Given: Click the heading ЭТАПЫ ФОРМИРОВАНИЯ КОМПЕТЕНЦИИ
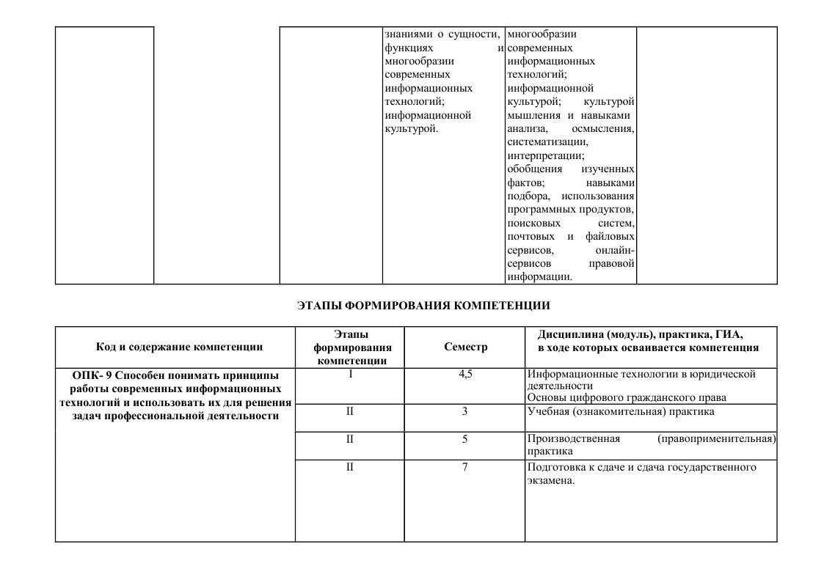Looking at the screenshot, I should (x=423, y=304).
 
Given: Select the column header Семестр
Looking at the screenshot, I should (x=465, y=347).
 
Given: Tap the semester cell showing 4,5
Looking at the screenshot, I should (x=465, y=374).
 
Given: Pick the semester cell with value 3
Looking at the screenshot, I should (x=465, y=410).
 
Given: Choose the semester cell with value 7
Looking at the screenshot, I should (x=465, y=468).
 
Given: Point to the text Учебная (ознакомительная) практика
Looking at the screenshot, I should (x=621, y=410).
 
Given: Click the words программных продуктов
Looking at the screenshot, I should (x=570, y=210).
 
